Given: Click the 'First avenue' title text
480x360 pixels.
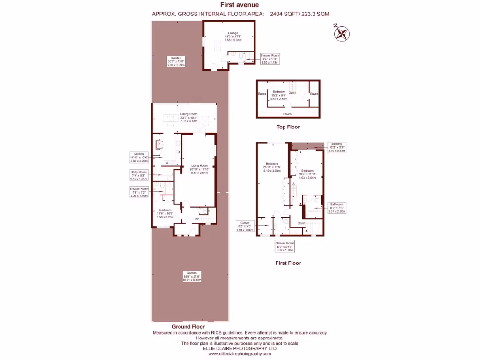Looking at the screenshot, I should pyautogui.click(x=240, y=5).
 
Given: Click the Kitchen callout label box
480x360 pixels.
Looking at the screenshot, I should pyautogui.click(x=139, y=157).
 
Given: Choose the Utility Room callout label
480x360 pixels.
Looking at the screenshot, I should pyautogui.click(x=139, y=175).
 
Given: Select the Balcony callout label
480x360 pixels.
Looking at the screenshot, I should pyautogui.click(x=337, y=147).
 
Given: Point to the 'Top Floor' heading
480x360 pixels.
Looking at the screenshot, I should pyautogui.click(x=288, y=127).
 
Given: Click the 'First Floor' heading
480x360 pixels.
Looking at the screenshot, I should pyautogui.click(x=289, y=263).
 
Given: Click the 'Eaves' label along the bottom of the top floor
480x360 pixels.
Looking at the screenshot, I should pyautogui.click(x=287, y=113).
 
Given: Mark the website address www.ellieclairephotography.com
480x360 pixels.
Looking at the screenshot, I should pyautogui.click(x=240, y=354).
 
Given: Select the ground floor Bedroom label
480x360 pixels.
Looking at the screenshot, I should pyautogui.click(x=165, y=213).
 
